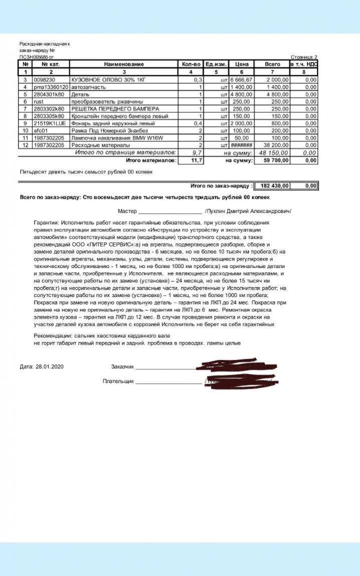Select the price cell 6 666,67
click(241, 80)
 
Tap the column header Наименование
click(124, 64)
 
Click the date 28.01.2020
click(50, 367)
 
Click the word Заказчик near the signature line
click(123, 367)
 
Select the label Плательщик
click(118, 381)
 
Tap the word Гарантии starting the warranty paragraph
click(47, 222)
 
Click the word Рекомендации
click(53, 335)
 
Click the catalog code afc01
click(40, 131)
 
